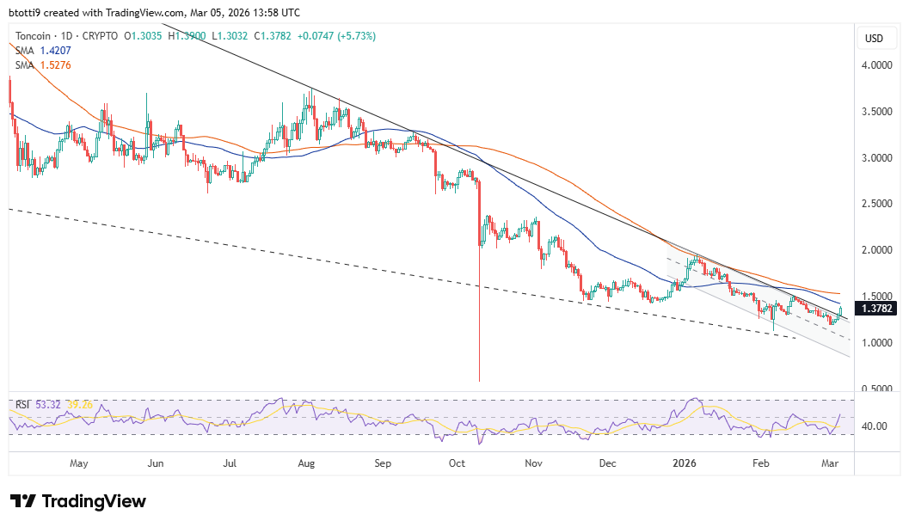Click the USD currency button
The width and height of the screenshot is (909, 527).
click(x=874, y=38)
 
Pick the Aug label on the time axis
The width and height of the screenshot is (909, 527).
click(x=306, y=464)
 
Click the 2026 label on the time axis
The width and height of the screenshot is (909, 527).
click(x=685, y=464)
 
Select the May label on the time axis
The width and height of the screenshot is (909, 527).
click(x=78, y=464)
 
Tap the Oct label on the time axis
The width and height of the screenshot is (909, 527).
click(x=458, y=464)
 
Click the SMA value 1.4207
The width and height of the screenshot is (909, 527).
click(x=56, y=50)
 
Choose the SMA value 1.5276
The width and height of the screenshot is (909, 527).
click(x=56, y=64)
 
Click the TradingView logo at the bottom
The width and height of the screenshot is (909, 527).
click(x=78, y=501)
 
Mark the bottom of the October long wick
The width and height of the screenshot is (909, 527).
click(x=478, y=381)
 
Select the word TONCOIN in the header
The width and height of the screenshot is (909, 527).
click(x=36, y=36)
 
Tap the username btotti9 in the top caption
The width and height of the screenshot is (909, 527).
click(x=27, y=13)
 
